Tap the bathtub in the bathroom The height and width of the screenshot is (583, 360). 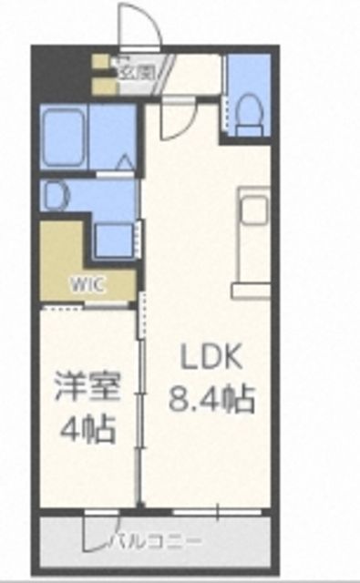63,137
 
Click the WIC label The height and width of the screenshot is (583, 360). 88,283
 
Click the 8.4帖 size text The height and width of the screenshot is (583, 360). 210,398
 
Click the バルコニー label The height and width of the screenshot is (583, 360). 155,542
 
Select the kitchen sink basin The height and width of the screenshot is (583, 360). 251,210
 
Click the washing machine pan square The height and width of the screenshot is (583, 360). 114,240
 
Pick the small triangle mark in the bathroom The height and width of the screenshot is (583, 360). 126,165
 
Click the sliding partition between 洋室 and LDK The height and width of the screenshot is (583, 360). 140,401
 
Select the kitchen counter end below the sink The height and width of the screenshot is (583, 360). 251,291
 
